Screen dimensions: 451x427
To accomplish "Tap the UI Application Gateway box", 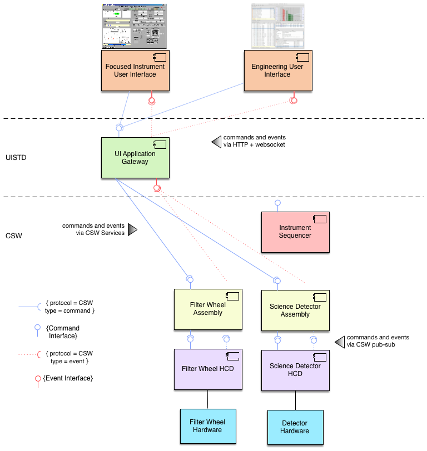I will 135,158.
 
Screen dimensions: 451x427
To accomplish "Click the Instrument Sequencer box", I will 295,232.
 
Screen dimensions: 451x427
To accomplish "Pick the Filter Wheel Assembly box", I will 207,309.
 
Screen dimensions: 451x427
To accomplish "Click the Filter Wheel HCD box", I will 207,369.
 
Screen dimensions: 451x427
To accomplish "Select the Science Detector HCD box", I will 295,370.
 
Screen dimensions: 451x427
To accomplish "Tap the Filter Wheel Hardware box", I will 207,426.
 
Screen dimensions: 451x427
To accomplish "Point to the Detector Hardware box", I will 295,427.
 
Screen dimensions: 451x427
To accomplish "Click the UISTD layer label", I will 16,158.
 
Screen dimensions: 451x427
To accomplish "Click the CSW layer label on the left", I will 13,236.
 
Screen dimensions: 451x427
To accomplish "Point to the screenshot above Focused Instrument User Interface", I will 135,26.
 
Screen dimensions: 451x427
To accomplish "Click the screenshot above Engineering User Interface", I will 277,26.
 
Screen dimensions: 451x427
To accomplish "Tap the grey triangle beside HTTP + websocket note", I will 216,142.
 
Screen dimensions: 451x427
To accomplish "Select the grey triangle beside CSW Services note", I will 132,229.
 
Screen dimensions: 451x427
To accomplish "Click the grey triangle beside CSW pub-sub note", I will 339,342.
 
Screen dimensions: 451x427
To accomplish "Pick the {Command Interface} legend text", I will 61,332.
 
